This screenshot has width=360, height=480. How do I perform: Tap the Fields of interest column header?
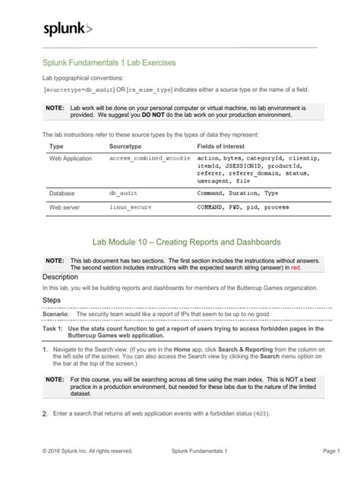click(x=221, y=145)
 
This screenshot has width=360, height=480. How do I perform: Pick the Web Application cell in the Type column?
click(x=71, y=159)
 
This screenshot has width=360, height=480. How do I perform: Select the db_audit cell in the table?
click(x=125, y=194)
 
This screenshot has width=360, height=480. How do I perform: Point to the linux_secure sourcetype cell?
click(x=131, y=207)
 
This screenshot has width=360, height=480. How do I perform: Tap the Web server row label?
click(x=66, y=207)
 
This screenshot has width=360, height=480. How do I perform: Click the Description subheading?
click(x=62, y=277)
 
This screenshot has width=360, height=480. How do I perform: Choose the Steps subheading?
click(x=52, y=301)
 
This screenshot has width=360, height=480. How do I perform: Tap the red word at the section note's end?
click(x=295, y=268)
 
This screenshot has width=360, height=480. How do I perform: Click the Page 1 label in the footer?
click(x=330, y=451)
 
